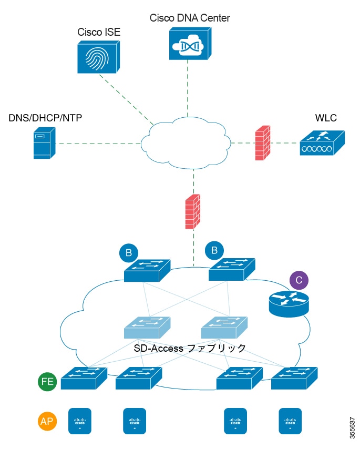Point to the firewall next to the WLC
[x=262, y=142]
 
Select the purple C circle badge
[x=299, y=280]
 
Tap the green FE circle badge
[x=48, y=381]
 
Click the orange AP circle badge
[x=48, y=421]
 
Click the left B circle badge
[x=128, y=253]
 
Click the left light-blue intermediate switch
[x=147, y=329]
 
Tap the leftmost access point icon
[x=80, y=421]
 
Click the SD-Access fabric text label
[x=189, y=348]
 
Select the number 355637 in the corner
[x=352, y=425]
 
